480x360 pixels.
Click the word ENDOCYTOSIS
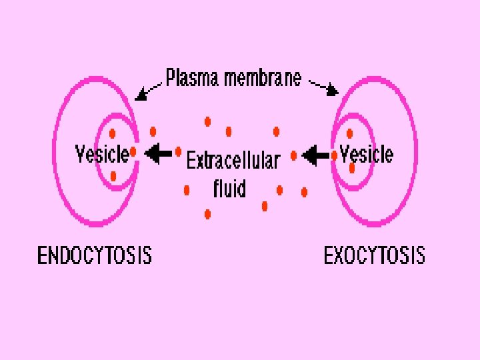(94, 255)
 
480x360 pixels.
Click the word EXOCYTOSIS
(374, 255)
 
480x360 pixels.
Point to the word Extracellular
(233, 161)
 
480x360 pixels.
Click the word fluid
(229, 189)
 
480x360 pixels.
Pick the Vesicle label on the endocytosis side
(101, 154)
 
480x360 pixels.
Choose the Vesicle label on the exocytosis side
(366, 154)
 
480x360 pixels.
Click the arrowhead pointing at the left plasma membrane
(141, 95)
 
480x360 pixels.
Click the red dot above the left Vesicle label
(113, 133)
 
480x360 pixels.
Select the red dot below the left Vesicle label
(113, 177)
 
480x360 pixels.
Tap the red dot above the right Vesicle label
(349, 133)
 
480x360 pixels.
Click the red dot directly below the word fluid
(265, 205)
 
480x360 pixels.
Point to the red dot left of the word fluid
(187, 190)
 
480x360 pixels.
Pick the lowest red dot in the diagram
(208, 214)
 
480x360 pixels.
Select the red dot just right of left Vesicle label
(133, 153)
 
